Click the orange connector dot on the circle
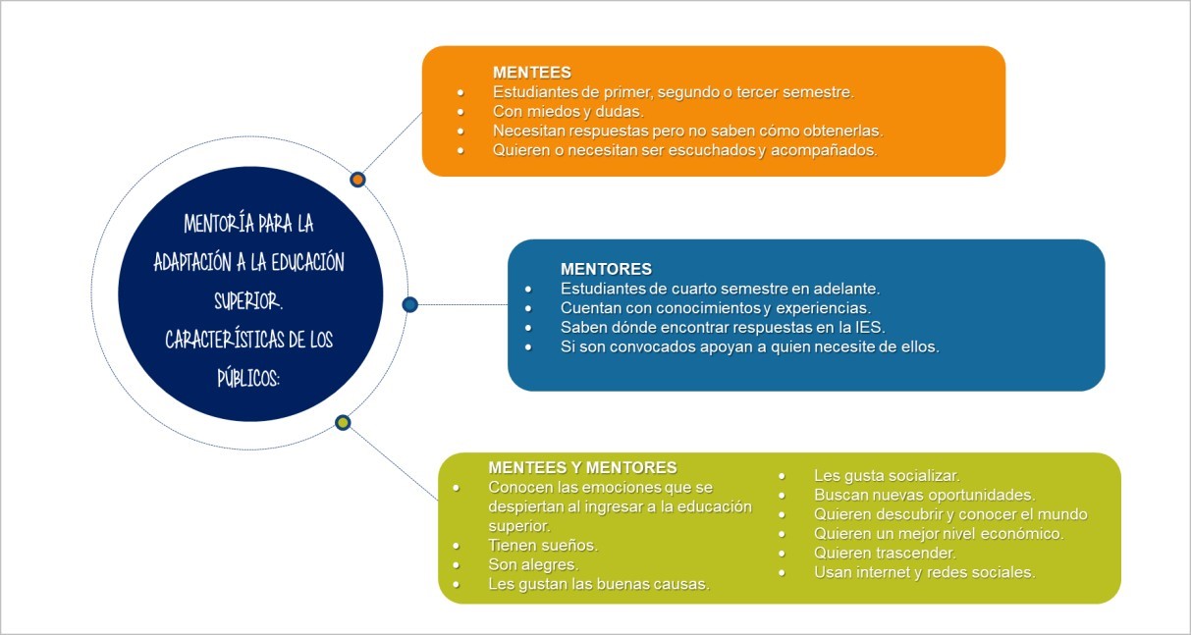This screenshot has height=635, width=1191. click(357, 180)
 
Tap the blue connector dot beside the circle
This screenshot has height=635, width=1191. click(410, 304)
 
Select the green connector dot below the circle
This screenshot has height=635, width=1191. click(343, 423)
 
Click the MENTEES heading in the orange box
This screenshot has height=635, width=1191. click(532, 73)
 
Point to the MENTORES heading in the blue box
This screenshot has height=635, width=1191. click(606, 269)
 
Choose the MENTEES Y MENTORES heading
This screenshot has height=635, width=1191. click(582, 467)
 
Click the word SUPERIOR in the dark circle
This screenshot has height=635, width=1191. click(247, 301)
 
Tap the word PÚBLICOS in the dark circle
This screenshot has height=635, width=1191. click(248, 378)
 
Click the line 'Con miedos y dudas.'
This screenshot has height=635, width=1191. click(568, 112)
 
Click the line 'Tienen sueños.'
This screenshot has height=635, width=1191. click(543, 545)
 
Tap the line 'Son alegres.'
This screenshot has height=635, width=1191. click(533, 565)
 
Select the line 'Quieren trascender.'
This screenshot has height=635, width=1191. click(885, 554)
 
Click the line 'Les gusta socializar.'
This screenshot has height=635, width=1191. click(887, 476)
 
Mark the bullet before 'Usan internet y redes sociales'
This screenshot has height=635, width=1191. click(782, 573)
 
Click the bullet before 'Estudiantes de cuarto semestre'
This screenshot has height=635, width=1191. click(528, 290)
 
